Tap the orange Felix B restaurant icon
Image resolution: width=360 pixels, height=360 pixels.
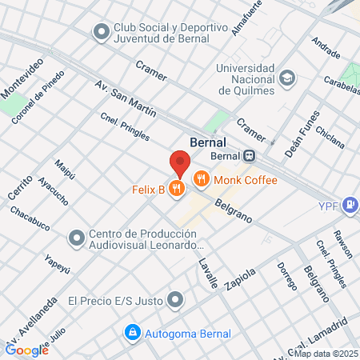pyautogui.click(x=178, y=189)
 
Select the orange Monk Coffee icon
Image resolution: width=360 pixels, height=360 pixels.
pyautogui.click(x=202, y=181)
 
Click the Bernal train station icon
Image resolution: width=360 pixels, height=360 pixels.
pyautogui.click(x=250, y=156)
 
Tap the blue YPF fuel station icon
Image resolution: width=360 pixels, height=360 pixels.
pyautogui.click(x=350, y=205)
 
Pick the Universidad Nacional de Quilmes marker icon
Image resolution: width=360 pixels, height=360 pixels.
pyautogui.click(x=287, y=78)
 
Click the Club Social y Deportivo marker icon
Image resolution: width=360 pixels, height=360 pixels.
pyautogui.click(x=101, y=32)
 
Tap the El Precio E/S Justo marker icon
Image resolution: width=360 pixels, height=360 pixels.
pyautogui.click(x=176, y=301)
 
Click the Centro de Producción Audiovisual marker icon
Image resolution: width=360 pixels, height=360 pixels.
pyautogui.click(x=77, y=238)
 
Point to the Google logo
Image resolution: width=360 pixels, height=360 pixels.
pyautogui.click(x=26, y=350)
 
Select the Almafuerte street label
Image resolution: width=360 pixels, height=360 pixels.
pyautogui.click(x=246, y=18)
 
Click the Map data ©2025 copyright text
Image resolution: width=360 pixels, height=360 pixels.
pyautogui.click(x=326, y=353)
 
